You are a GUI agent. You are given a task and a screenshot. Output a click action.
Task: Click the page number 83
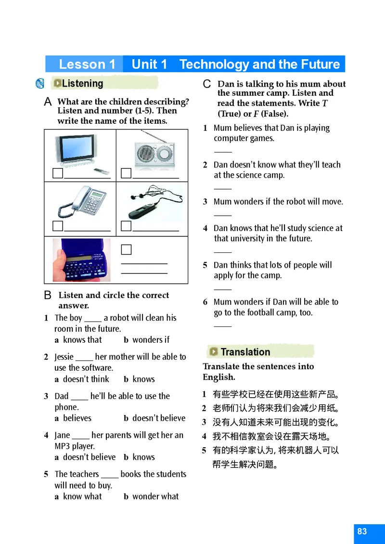click(x=362, y=531)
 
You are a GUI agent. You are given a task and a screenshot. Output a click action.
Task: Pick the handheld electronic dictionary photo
click(x=81, y=260)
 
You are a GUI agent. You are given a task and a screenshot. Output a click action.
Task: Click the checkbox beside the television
click(x=58, y=173)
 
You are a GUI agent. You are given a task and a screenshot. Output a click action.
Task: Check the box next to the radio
click(x=126, y=173)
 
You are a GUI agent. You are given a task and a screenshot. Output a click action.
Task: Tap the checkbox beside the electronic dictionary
click(x=126, y=249)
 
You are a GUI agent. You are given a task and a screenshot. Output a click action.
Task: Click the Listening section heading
click(x=82, y=84)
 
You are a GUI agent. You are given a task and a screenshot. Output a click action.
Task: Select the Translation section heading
click(x=245, y=352)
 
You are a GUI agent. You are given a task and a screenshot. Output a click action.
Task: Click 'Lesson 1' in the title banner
click(x=87, y=65)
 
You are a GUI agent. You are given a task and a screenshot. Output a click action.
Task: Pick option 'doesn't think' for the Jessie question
click(x=86, y=379)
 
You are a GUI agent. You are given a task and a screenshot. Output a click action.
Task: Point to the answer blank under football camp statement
click(x=223, y=326)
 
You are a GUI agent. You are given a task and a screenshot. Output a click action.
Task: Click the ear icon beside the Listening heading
click(x=40, y=84)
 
